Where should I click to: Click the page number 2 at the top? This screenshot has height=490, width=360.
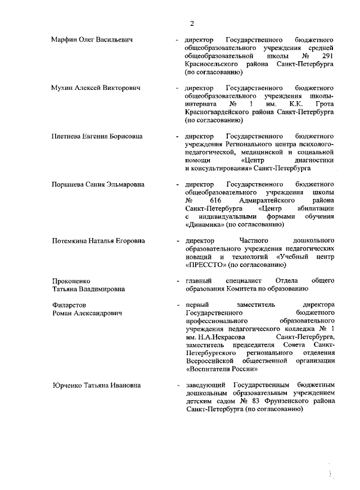(x=192, y=23)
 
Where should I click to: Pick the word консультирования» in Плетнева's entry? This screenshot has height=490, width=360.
(x=220, y=168)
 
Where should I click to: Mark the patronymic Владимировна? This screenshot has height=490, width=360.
(x=102, y=288)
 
